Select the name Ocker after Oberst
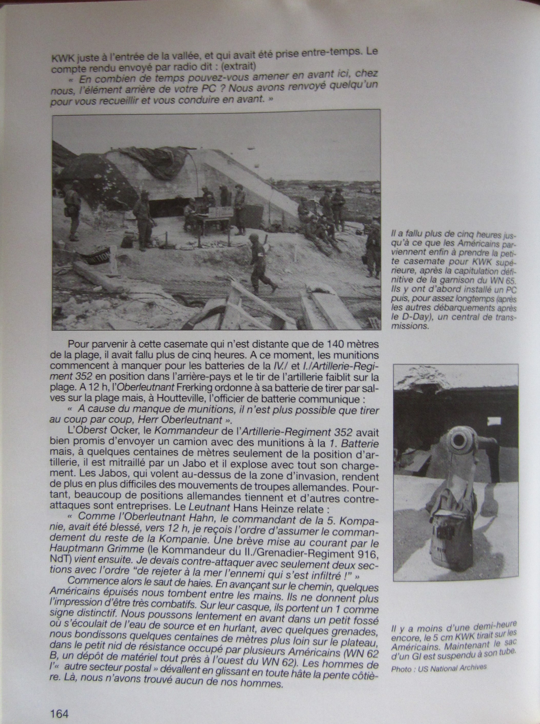117,432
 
